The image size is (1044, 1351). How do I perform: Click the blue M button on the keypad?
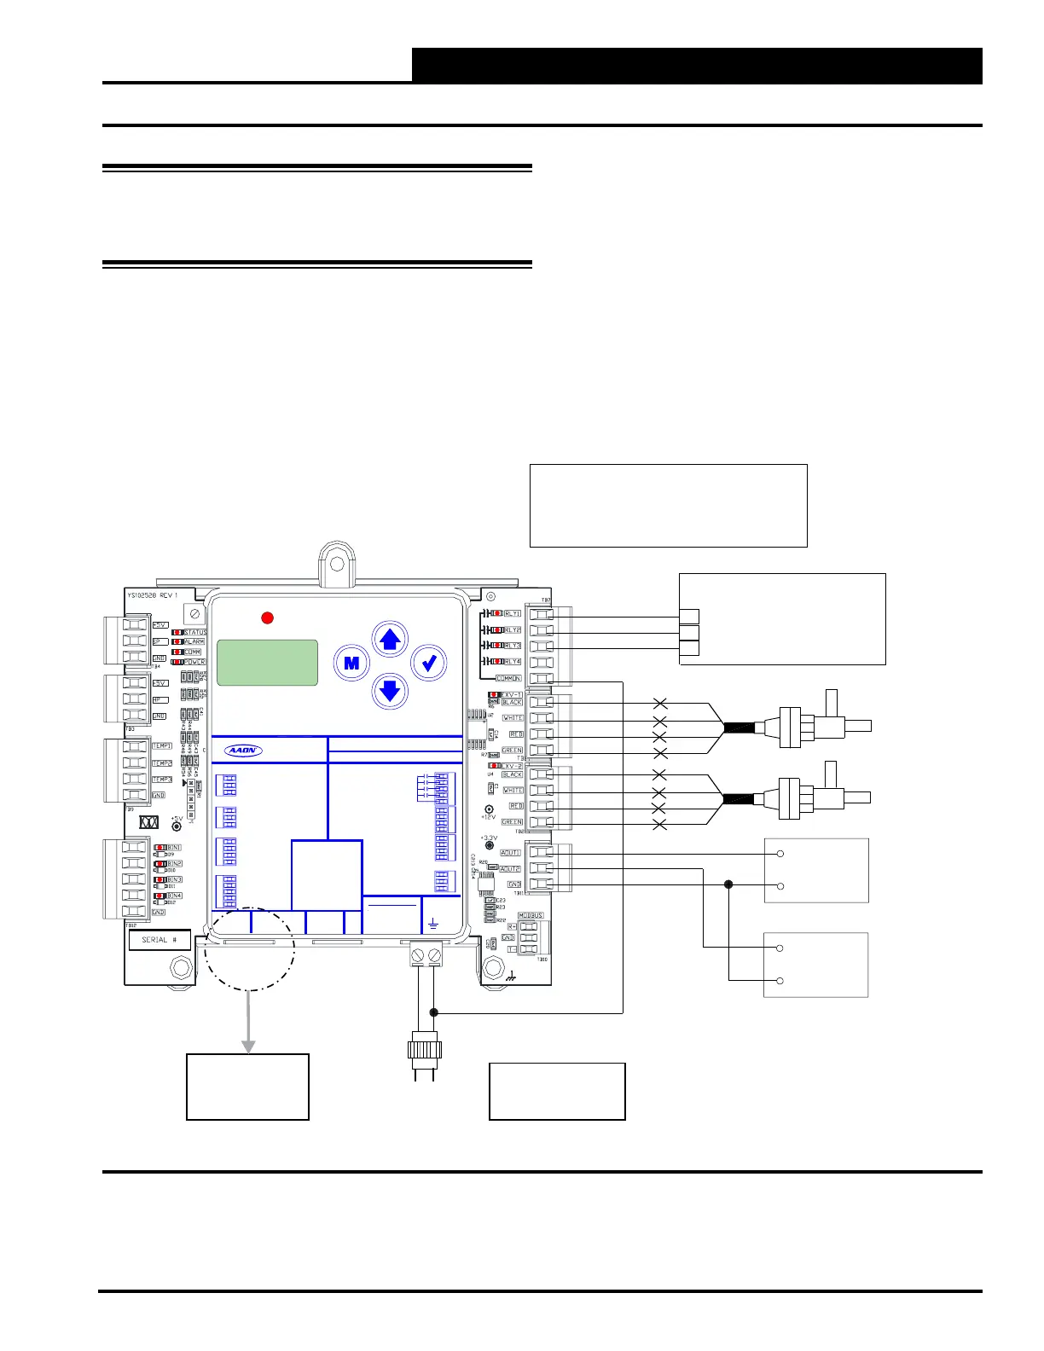pos(351,663)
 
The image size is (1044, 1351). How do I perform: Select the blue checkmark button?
pos(429,663)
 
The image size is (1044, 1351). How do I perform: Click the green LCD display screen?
pos(267,663)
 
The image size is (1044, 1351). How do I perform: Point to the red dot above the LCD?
pos(267,618)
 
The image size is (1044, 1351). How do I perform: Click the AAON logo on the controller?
pos(244,751)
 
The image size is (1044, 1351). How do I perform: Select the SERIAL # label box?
pos(159,940)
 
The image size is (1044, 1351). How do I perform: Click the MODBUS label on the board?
pos(531,916)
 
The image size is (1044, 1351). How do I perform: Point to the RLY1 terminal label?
pos(513,613)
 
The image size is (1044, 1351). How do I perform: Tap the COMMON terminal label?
pos(509,679)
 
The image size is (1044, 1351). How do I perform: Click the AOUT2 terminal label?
pos(510,869)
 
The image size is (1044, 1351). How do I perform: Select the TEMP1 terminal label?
pos(162,746)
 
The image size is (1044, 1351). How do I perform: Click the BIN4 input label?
pos(174,896)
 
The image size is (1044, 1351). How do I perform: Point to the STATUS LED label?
pos(195,632)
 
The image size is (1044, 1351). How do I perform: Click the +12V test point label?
pos(488,817)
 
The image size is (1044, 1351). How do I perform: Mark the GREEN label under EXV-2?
pos(512,822)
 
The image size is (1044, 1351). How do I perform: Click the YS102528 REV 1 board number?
pos(152,595)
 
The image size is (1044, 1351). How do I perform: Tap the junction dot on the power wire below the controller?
pos(434,1012)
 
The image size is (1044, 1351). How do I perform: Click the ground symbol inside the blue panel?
pos(432,924)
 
